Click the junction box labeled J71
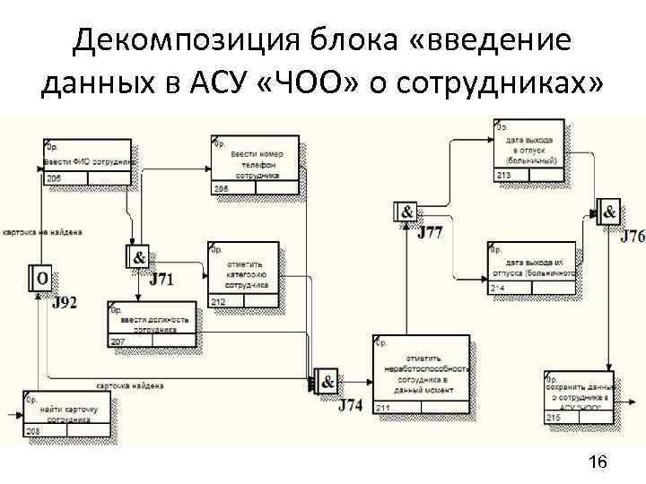(138, 257)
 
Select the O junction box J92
(41, 279)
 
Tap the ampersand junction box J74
(326, 382)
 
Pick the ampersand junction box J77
(406, 212)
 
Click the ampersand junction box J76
(609, 213)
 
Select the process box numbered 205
(87, 162)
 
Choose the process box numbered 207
(153, 323)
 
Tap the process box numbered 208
(67, 413)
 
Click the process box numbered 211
(421, 376)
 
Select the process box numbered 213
(529, 151)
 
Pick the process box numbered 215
(577, 396)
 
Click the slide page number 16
(597, 462)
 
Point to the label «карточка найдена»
(130, 386)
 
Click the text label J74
(351, 404)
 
